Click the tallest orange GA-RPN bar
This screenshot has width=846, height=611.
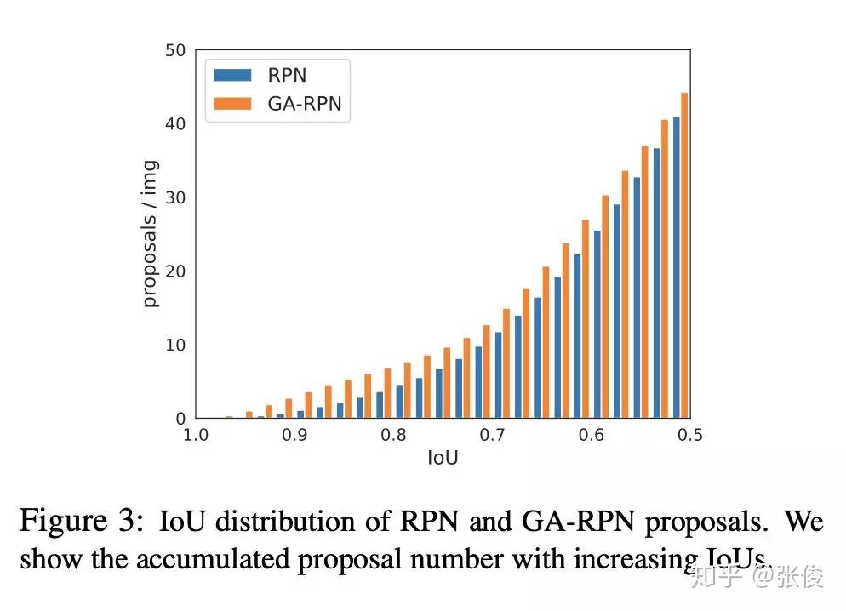(x=684, y=255)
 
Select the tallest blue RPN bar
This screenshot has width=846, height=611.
(x=677, y=268)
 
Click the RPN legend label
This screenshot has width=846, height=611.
(x=287, y=75)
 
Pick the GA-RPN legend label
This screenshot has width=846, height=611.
(x=304, y=103)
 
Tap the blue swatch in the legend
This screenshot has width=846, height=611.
(x=233, y=75)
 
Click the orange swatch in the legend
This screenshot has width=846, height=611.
(x=233, y=103)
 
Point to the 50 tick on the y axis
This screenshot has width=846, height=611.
(x=175, y=50)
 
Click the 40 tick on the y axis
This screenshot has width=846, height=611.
(x=175, y=124)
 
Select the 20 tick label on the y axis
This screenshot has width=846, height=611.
(x=175, y=271)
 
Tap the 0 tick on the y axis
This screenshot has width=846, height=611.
(x=180, y=419)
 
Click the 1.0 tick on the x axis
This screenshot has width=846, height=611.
(x=196, y=436)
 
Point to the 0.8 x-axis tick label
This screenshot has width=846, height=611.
(x=393, y=436)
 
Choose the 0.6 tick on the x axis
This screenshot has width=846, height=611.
(x=592, y=436)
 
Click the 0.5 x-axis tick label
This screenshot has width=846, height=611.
(x=690, y=436)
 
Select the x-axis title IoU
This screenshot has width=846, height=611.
(x=443, y=459)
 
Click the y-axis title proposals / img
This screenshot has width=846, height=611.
(x=150, y=234)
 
